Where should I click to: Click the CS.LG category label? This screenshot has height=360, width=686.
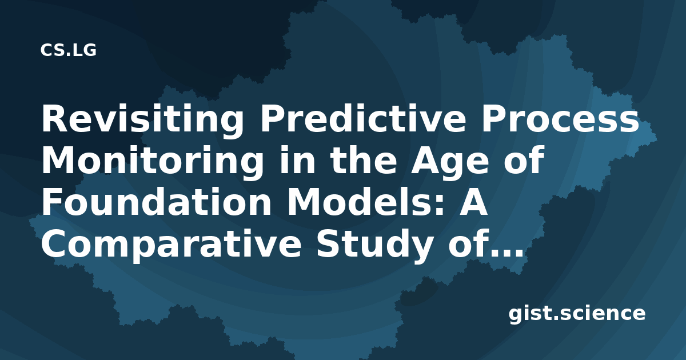68,50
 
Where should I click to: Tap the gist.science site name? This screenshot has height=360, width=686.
577,314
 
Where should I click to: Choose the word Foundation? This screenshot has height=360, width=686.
156,202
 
